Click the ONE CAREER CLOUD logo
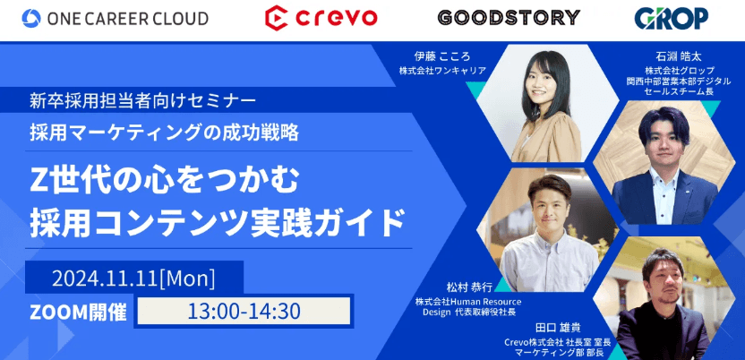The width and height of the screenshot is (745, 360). [x=116, y=18]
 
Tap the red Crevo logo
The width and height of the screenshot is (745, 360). [x=321, y=17]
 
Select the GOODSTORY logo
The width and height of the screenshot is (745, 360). [x=508, y=17]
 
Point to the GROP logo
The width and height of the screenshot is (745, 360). [x=672, y=17]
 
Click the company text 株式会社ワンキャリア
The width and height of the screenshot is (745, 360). [x=442, y=69]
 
